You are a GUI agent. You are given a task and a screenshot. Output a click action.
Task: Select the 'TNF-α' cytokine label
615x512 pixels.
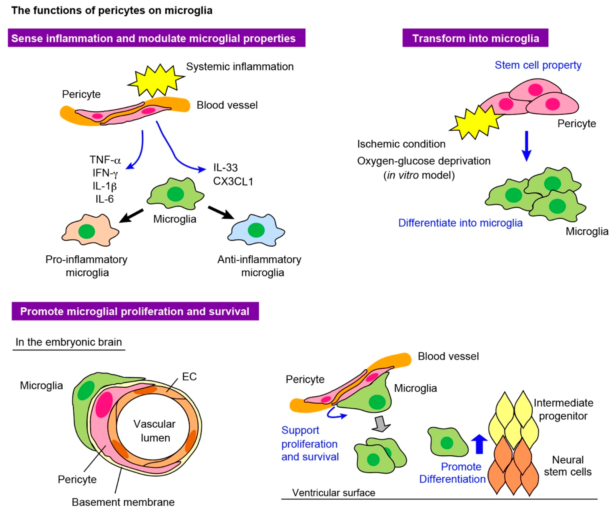tap(105, 160)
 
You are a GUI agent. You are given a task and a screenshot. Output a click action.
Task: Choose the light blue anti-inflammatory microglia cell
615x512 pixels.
tap(256, 230)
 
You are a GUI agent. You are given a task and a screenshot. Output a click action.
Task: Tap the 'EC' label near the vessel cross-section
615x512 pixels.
tap(189, 377)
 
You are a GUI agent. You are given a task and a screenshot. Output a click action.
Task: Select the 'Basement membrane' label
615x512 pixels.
tap(123, 502)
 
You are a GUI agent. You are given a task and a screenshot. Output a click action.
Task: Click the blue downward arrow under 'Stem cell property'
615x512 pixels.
tap(527, 146)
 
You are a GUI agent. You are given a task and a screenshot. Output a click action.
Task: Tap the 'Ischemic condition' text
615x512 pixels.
tap(401, 144)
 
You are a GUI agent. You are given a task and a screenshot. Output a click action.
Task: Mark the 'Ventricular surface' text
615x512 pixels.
tap(334, 493)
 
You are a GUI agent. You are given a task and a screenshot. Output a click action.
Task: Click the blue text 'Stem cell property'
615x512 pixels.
tap(538, 65)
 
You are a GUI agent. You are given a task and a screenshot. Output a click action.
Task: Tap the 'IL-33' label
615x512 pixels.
tap(225, 168)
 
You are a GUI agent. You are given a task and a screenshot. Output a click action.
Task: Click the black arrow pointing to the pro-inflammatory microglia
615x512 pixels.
tap(131, 216)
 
